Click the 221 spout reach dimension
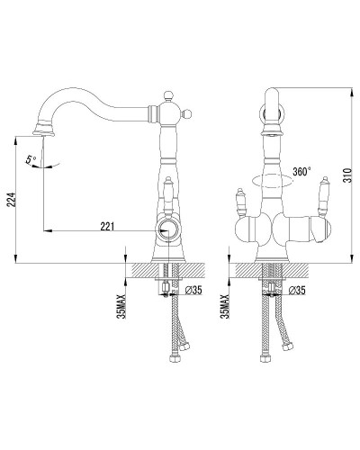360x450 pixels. click(x=107, y=227)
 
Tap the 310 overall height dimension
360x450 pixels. click(x=347, y=176)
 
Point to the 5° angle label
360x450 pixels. click(x=31, y=159)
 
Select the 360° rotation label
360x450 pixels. click(x=301, y=172)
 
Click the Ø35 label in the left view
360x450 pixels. click(x=193, y=290)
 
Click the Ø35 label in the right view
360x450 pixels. click(x=297, y=290)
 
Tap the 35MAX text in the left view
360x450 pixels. click(x=122, y=306)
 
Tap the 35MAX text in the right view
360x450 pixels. click(x=225, y=306)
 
